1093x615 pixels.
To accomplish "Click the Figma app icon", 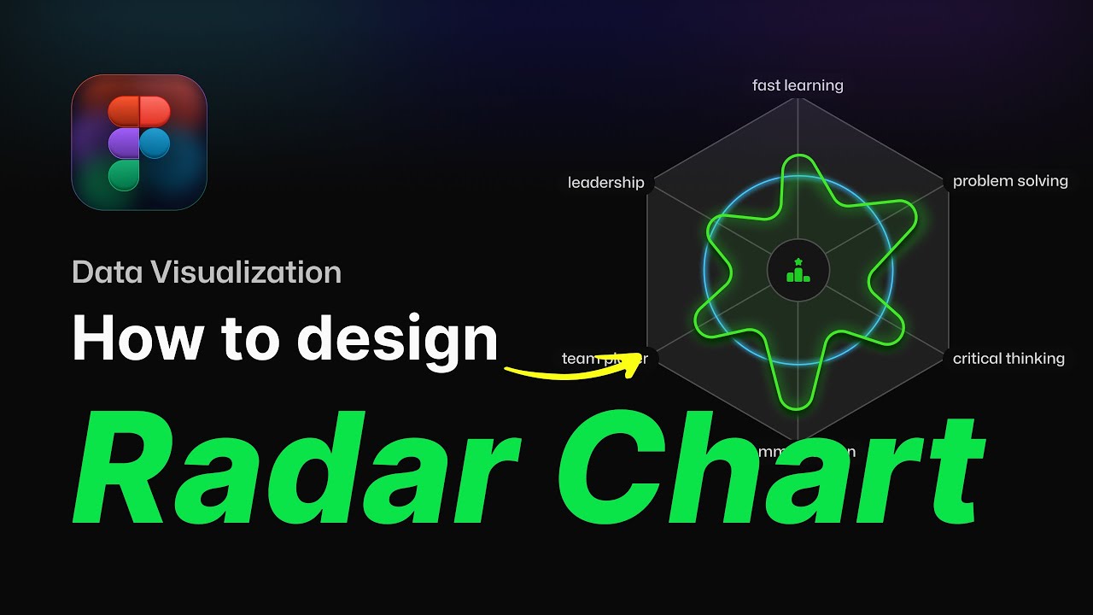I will (x=139, y=142).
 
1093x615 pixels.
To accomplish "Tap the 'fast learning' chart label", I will (x=798, y=85).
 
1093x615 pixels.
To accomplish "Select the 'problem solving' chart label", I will (x=1010, y=181).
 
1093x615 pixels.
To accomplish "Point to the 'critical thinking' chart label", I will (x=1008, y=359).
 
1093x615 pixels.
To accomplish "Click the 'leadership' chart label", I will (x=606, y=183).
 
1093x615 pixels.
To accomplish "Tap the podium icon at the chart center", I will (x=798, y=270).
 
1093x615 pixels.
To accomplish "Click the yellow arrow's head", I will (x=636, y=361).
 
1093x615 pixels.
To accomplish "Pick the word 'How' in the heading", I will (x=137, y=339).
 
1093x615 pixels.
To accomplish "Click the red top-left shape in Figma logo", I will (x=124, y=111).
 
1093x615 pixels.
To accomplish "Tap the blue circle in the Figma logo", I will (x=155, y=143).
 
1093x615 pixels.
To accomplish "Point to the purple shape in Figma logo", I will (x=124, y=143).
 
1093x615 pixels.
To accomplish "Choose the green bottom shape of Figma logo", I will (x=124, y=174).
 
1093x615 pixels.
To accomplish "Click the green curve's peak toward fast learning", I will (x=798, y=157).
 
